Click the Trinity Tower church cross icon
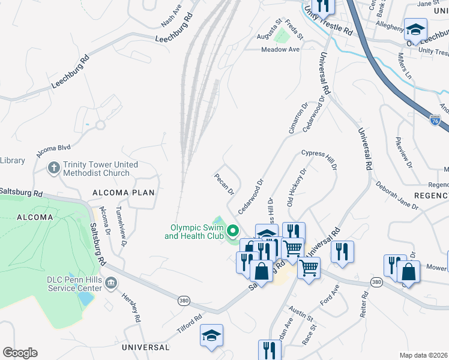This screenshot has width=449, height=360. (54, 168)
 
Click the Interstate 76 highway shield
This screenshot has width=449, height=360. (435, 121)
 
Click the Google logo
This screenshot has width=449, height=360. (20, 353)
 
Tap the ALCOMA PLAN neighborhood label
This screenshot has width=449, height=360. (124, 193)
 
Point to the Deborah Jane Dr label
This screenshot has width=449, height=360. (397, 196)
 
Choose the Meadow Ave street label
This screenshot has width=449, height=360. (280, 50)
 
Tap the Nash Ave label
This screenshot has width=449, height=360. (171, 17)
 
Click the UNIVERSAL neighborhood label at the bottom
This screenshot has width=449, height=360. (145, 347)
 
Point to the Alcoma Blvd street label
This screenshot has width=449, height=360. (53, 151)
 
